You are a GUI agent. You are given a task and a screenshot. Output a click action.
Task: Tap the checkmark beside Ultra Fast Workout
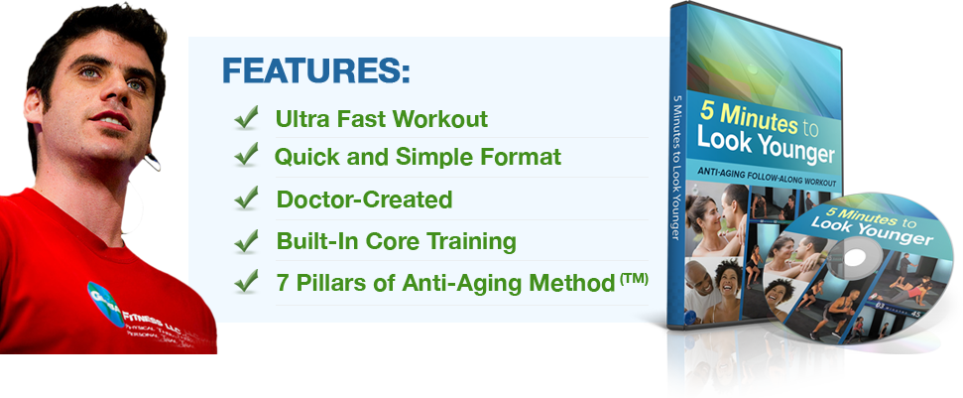(246, 119)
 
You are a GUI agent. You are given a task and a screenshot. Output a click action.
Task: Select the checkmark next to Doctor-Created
(246, 199)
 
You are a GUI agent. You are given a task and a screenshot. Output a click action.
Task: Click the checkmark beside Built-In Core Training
(246, 240)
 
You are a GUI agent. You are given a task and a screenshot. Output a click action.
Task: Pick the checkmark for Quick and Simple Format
(246, 156)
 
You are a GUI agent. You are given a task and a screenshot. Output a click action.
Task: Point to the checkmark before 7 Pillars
(246, 281)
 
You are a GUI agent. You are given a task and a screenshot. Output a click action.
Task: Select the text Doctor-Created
(364, 199)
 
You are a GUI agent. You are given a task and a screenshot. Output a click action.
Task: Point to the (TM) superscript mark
(635, 279)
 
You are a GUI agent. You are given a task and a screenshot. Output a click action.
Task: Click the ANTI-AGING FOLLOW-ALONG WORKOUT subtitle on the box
(768, 184)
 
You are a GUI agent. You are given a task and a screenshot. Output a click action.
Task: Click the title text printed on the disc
(873, 227)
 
